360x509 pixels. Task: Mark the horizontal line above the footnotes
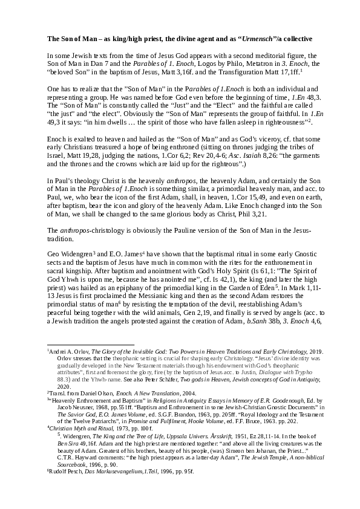[90, 345]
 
